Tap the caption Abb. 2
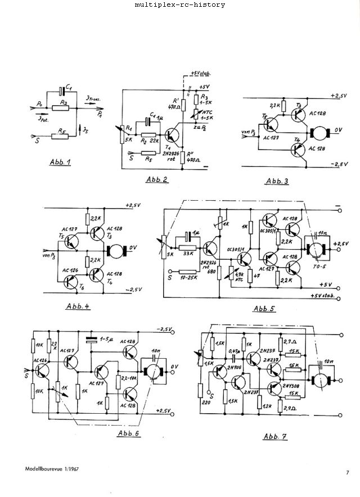[x=157, y=179]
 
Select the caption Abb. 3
[x=276, y=181]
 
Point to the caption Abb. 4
[x=78, y=306]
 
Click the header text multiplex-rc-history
[x=180, y=5]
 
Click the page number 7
[x=348, y=473]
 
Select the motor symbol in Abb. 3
[x=319, y=133]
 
